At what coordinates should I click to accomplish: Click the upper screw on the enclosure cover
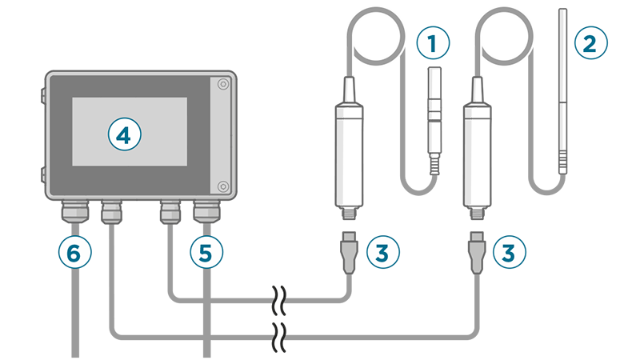(x=223, y=84)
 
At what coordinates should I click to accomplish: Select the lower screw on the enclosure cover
(x=223, y=186)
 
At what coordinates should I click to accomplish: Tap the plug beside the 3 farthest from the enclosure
(x=476, y=252)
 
